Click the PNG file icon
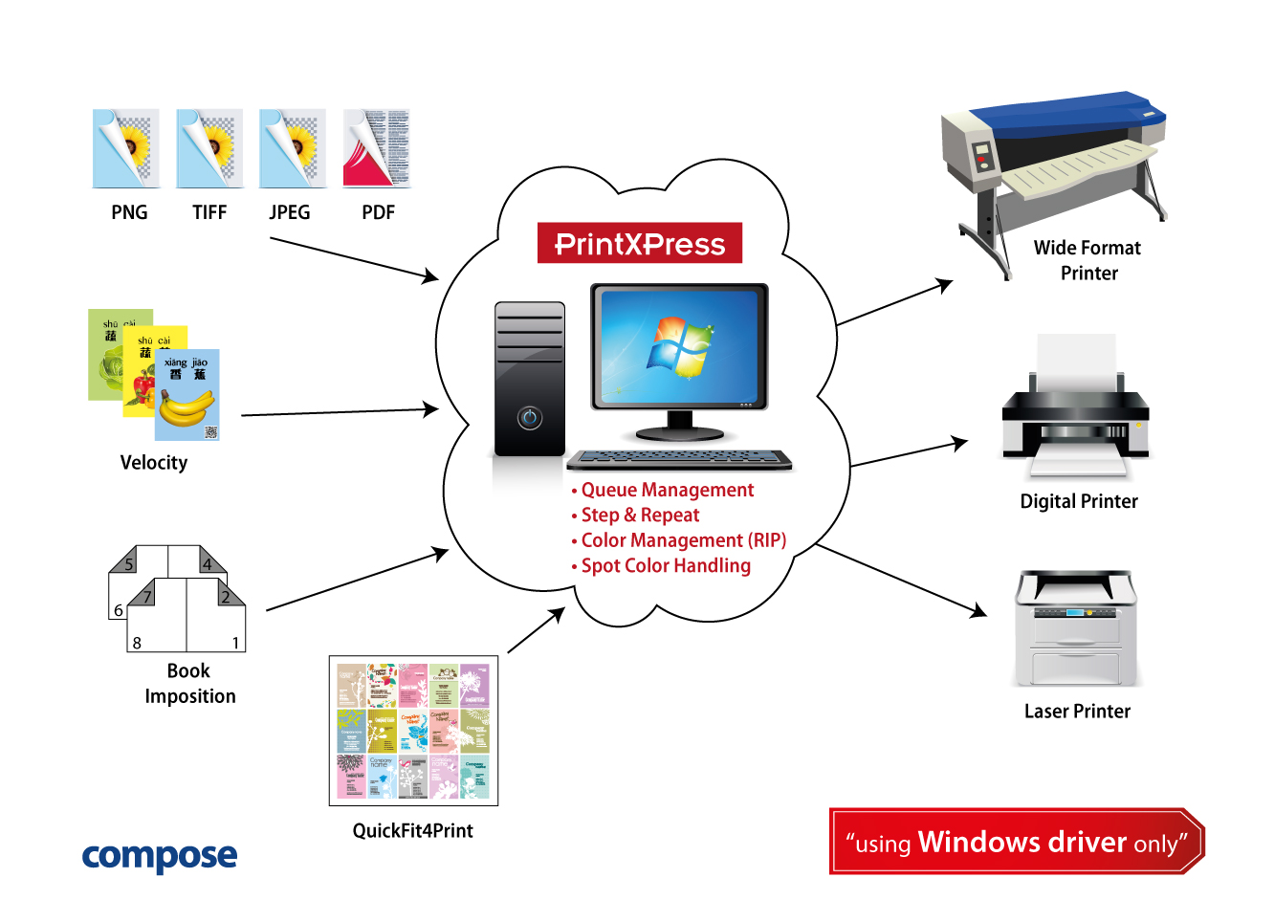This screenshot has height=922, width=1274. (x=125, y=148)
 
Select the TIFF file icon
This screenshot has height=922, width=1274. (x=209, y=148)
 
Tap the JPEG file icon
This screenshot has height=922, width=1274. (x=292, y=148)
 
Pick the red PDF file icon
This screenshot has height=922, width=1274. (x=376, y=148)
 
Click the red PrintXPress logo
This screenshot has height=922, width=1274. (x=640, y=244)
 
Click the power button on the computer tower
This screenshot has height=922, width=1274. (x=530, y=418)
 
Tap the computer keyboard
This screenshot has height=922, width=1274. (x=679, y=460)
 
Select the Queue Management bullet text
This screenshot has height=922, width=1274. (x=667, y=491)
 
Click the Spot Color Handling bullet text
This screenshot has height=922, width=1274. (x=666, y=566)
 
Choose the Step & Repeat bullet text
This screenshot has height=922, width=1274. (x=640, y=516)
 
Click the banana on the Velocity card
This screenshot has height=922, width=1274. (x=187, y=408)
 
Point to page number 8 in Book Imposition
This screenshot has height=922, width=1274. (x=137, y=643)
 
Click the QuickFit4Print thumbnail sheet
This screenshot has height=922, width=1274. (x=413, y=731)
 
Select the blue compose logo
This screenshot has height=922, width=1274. (x=160, y=856)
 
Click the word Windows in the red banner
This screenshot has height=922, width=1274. (x=978, y=842)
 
